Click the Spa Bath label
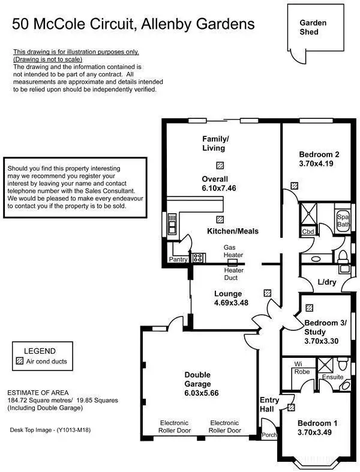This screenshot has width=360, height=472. click(x=343, y=220)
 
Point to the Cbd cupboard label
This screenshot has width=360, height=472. click(x=308, y=231)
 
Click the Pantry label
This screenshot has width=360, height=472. click(x=178, y=259)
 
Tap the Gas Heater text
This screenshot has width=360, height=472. click(x=233, y=251)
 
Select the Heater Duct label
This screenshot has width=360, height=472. click(x=233, y=274)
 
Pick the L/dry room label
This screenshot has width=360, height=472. click(x=327, y=282)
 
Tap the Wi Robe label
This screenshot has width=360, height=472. click(x=301, y=368)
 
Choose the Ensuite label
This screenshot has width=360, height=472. click(x=332, y=377)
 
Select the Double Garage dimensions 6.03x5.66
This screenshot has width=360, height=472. click(x=197, y=393)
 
